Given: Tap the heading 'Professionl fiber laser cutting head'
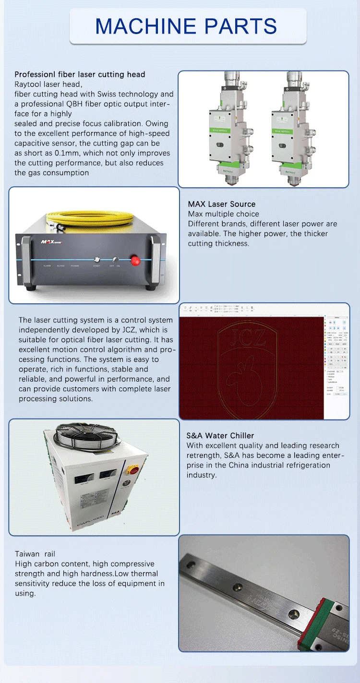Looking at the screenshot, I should tap(80, 74).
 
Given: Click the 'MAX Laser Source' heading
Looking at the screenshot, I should tap(222, 204).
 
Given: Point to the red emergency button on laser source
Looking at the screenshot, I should tap(136, 260).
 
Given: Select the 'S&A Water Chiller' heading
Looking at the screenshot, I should tap(220, 436).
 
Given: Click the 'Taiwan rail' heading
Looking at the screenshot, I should tap(35, 554).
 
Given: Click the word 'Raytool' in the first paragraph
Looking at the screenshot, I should tap(28, 84).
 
